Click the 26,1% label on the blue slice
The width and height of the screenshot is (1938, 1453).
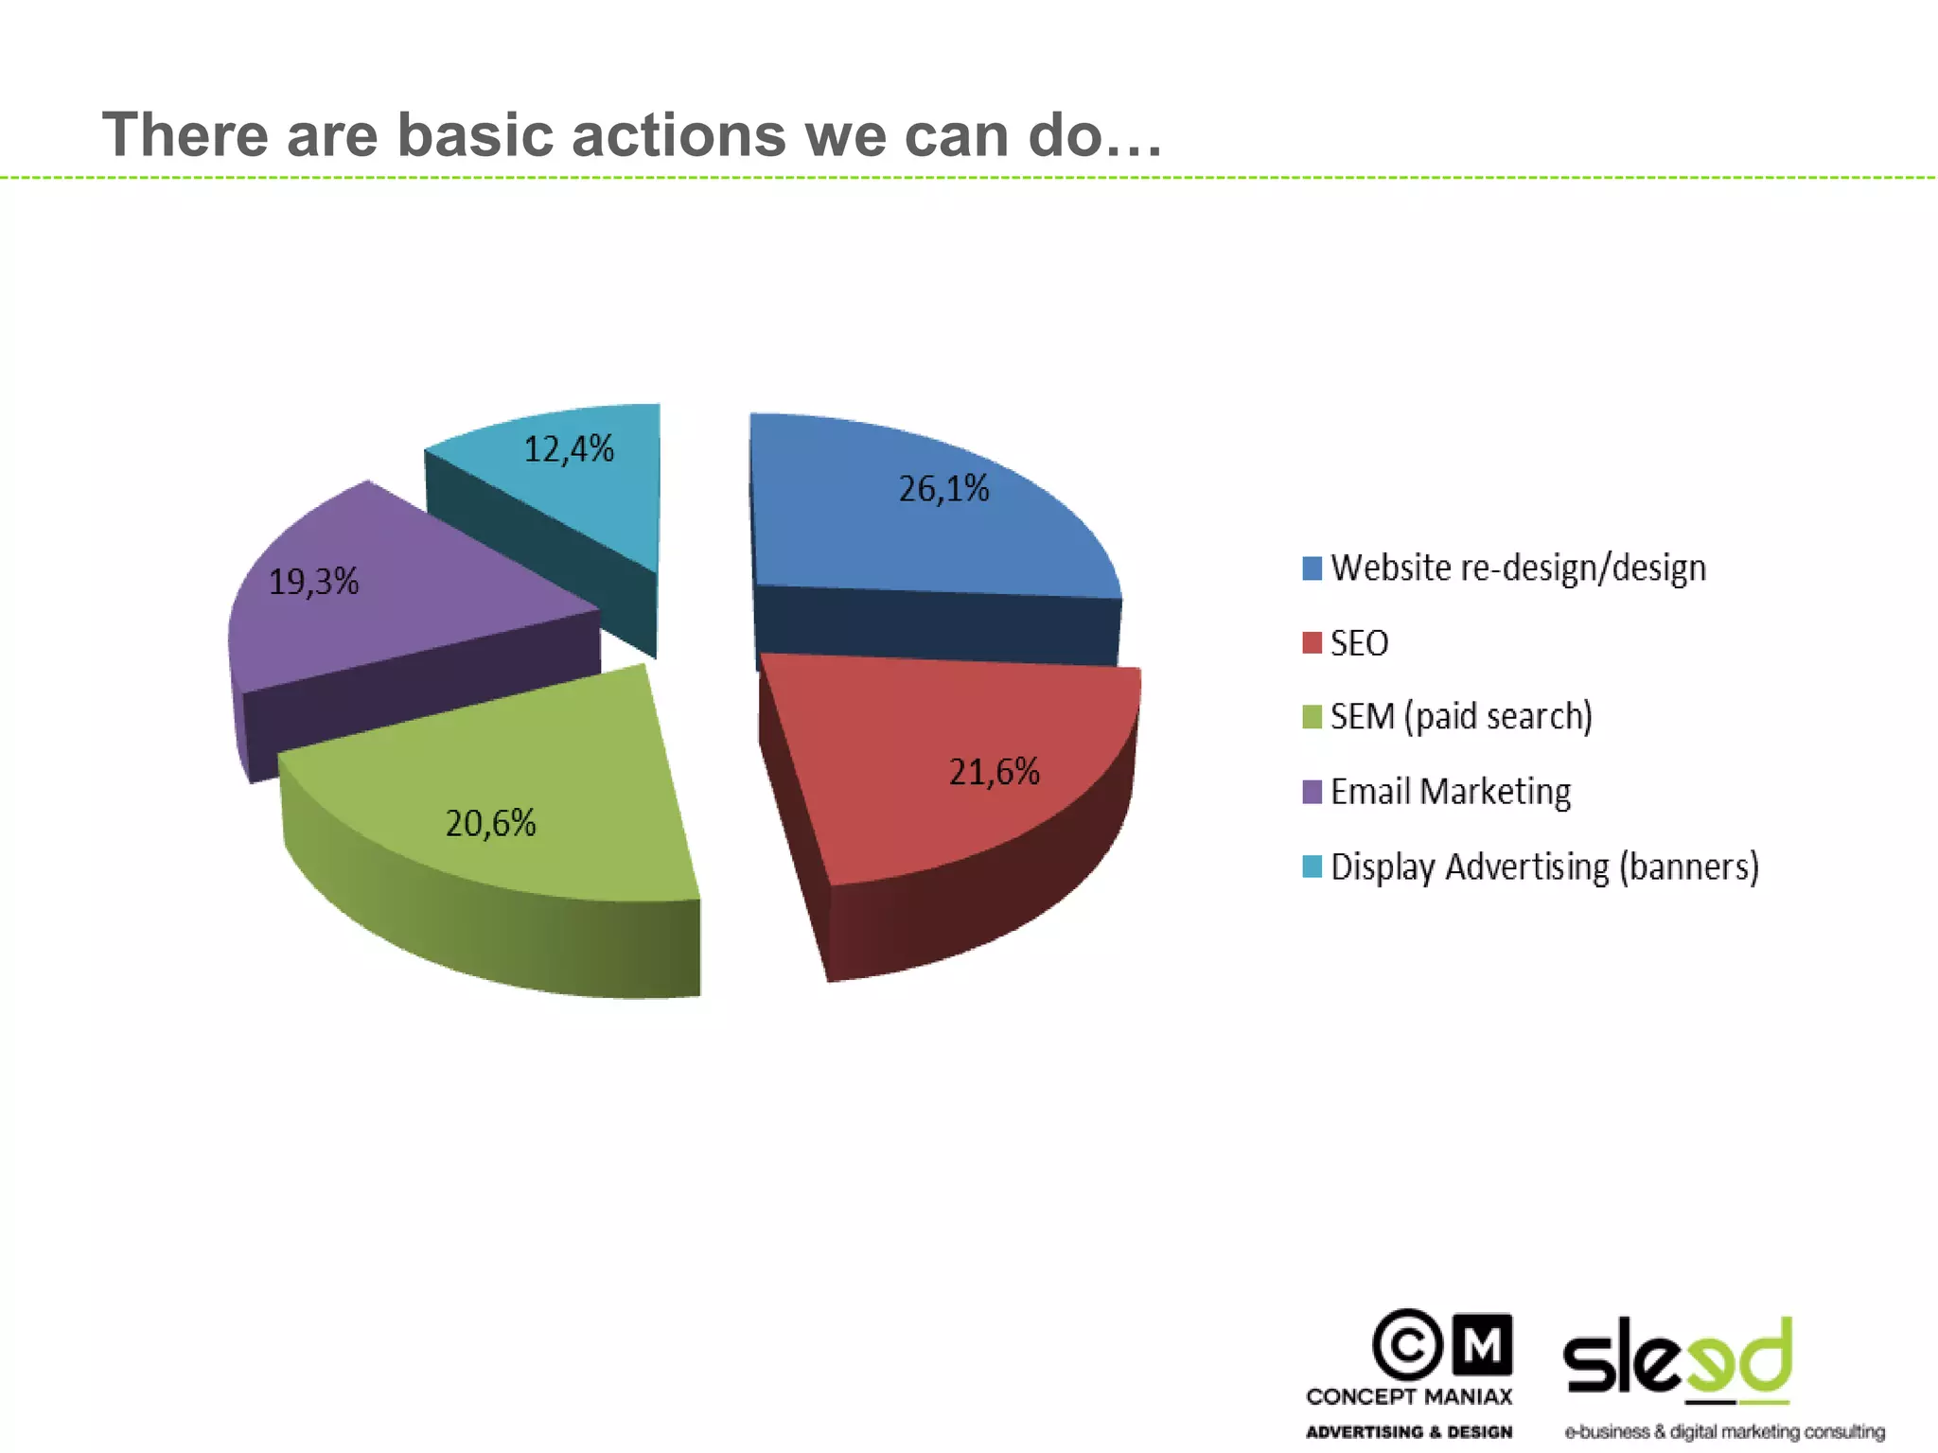[943, 489]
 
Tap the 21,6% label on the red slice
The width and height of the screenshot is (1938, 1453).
[994, 772]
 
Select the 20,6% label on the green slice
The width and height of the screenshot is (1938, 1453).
[490, 823]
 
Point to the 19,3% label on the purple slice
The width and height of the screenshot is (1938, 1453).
[313, 581]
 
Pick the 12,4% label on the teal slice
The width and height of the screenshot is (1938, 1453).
[569, 448]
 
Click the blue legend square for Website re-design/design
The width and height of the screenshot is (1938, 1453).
[1312, 568]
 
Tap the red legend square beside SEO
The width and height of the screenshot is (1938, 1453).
[1312, 643]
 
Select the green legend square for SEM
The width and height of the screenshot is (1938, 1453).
[1312, 717]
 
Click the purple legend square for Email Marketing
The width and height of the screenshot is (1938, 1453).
[1312, 792]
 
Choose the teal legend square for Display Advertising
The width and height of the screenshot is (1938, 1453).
[1312, 867]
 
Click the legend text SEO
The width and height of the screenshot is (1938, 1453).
[1359, 643]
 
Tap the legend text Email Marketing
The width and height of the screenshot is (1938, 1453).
[1450, 792]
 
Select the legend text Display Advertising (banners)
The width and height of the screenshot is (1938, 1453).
[1544, 867]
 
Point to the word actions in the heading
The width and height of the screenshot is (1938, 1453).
[678, 134]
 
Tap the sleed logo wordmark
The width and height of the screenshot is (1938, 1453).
[1677, 1357]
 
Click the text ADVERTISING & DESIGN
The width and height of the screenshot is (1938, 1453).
[1409, 1432]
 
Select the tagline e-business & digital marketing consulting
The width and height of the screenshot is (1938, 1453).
[1724, 1432]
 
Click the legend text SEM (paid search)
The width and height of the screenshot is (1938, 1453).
[1461, 717]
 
